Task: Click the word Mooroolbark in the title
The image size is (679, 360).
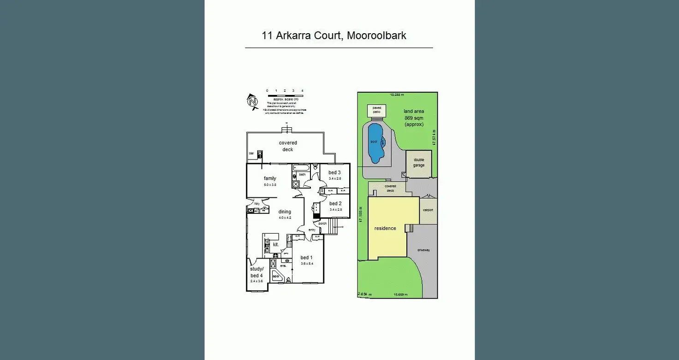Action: (376, 35)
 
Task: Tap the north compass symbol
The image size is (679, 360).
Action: (252, 101)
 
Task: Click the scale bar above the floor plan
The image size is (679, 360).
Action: (284, 95)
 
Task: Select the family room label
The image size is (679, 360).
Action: (270, 178)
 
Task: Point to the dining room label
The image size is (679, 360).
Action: (285, 212)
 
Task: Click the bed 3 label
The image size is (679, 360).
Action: (335, 172)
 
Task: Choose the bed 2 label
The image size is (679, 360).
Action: (335, 203)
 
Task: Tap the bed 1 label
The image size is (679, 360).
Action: (306, 258)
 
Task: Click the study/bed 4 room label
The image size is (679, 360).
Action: (256, 272)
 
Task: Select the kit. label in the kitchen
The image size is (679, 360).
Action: (276, 245)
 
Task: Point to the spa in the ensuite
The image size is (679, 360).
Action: (276, 276)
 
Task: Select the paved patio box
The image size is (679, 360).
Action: (377, 111)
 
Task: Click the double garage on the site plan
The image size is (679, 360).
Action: (419, 163)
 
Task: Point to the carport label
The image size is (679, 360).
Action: (428, 210)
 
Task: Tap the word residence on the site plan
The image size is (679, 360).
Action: (385, 228)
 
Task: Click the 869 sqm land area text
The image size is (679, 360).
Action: (414, 118)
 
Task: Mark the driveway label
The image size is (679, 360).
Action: (423, 250)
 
